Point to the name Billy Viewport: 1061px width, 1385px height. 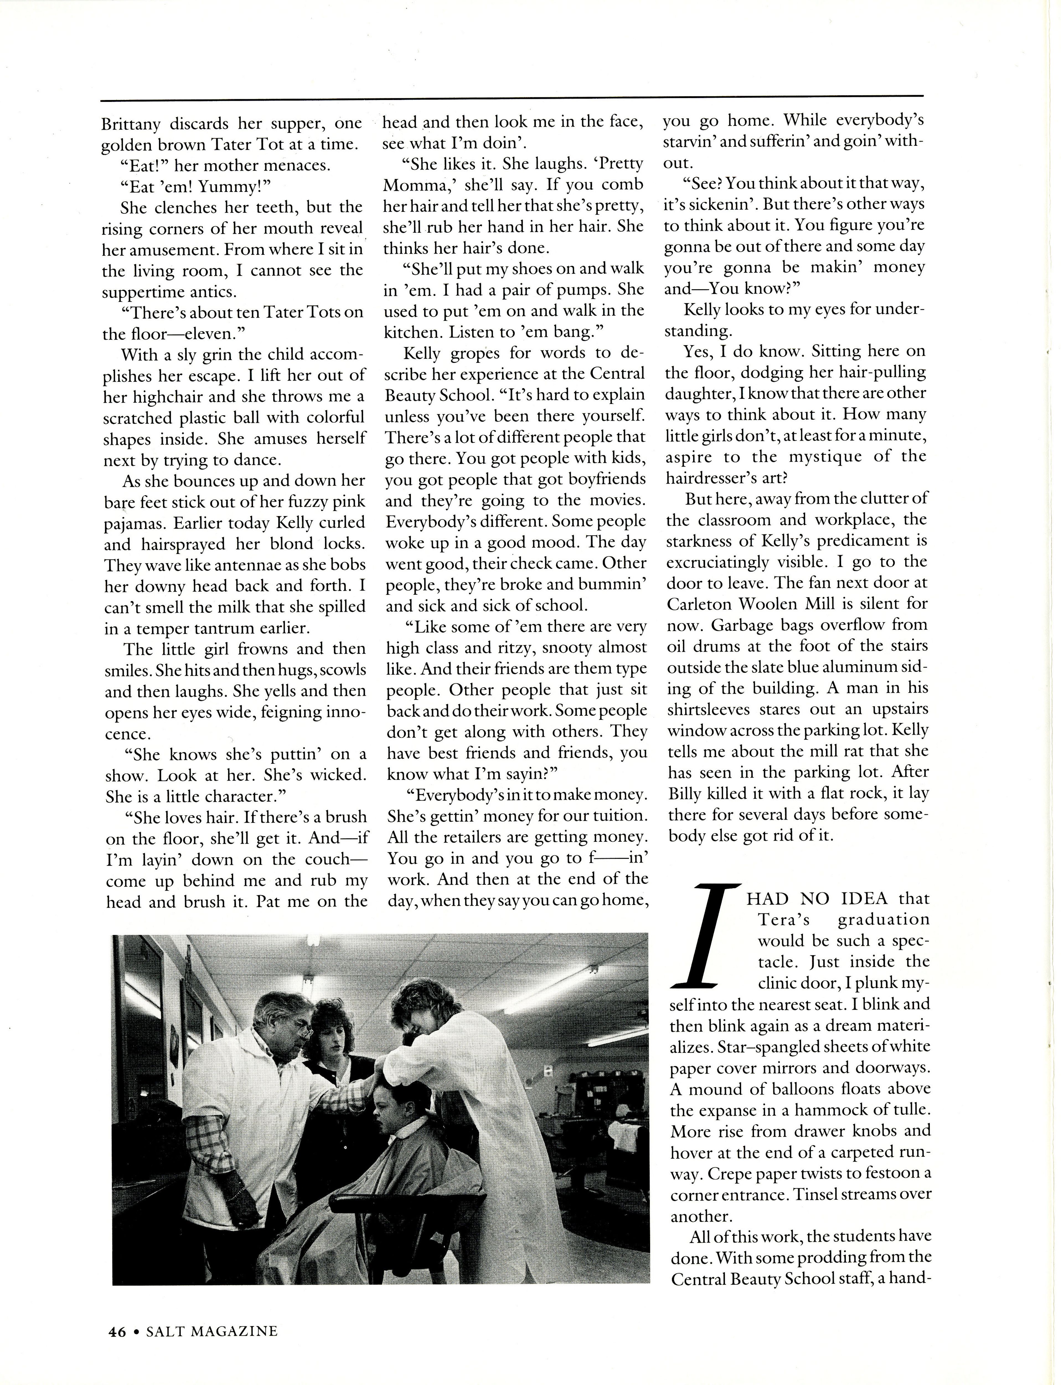pyautogui.click(x=687, y=794)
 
